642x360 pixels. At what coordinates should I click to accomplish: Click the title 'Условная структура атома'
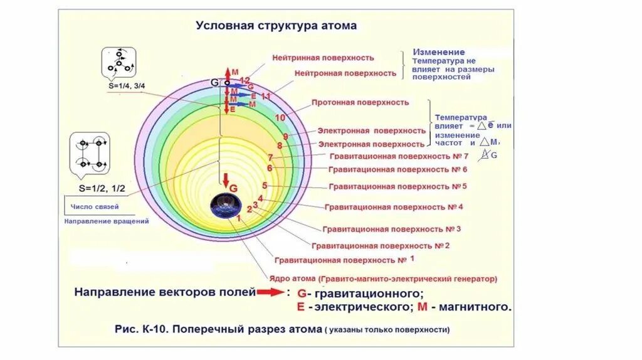pyautogui.click(x=276, y=26)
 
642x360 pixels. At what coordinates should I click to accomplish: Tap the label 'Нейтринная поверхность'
pyautogui.click(x=323, y=57)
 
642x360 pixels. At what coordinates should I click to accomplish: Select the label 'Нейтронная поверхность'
pyautogui.click(x=345, y=73)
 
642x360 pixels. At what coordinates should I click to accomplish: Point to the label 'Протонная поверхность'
pyautogui.click(x=359, y=102)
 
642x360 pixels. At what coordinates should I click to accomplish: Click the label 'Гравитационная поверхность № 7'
pyautogui.click(x=397, y=156)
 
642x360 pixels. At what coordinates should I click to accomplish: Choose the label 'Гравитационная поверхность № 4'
pyautogui.click(x=394, y=206)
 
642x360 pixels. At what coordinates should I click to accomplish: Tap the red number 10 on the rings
pyautogui.click(x=280, y=117)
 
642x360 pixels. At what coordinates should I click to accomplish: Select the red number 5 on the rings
pyautogui.click(x=265, y=186)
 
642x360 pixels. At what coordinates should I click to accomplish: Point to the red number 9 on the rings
pyautogui.click(x=285, y=137)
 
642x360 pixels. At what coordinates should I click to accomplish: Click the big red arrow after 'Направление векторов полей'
pyautogui.click(x=270, y=292)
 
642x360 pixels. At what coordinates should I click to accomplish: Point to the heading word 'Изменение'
pyautogui.click(x=438, y=52)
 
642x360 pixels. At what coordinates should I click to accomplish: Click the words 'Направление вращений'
pyautogui.click(x=106, y=221)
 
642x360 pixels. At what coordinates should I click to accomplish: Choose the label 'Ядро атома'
pyautogui.click(x=292, y=278)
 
